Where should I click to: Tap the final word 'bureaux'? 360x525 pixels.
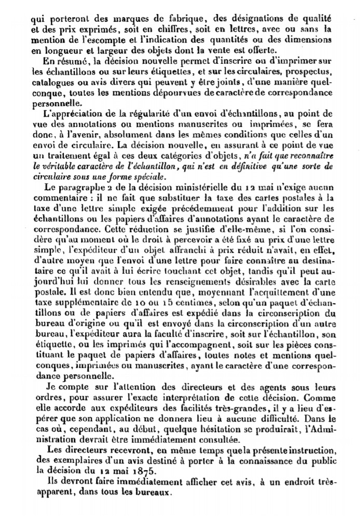coord(153,489)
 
